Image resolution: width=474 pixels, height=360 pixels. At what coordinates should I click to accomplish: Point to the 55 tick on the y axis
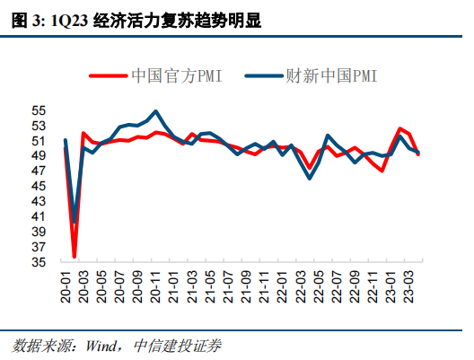tap(39, 110)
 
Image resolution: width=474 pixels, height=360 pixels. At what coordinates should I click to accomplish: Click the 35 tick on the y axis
tap(39, 262)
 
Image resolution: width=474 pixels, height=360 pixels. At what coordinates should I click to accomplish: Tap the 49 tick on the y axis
tap(39, 156)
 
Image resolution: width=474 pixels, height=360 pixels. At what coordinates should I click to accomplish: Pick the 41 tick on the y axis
tap(39, 216)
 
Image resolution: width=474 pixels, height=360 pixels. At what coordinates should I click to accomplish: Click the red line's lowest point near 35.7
tap(75, 256)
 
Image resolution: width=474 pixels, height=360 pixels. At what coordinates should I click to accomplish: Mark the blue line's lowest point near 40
tap(74, 222)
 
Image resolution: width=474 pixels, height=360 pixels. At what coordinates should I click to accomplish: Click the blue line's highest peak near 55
tap(156, 111)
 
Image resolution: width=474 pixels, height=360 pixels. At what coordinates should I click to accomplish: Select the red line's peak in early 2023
tap(400, 129)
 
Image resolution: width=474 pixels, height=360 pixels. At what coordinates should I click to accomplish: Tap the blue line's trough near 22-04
tap(311, 178)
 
